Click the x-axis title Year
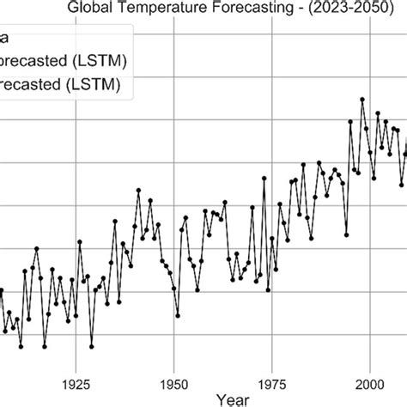click(233, 398)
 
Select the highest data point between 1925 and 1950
click(137, 189)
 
